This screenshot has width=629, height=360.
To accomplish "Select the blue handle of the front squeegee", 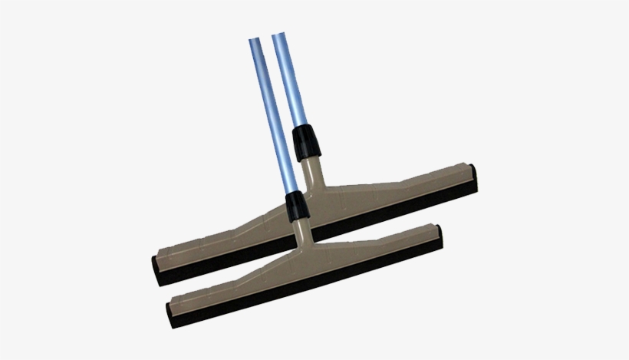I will point(269,115).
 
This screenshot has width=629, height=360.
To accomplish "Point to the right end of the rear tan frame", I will point(469,168).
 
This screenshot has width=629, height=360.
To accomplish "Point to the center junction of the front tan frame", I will point(301,249).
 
